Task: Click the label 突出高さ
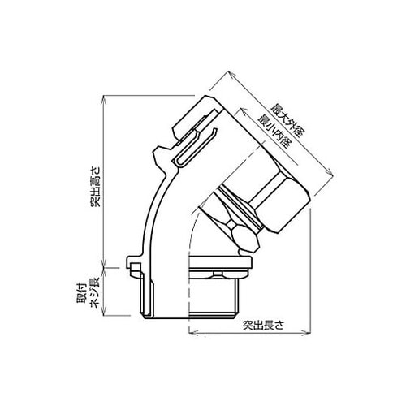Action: [x=96, y=187]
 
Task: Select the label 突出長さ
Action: [x=263, y=325]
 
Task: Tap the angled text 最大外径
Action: [x=288, y=120]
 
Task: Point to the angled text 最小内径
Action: [x=273, y=132]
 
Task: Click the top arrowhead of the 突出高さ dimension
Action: [x=104, y=98]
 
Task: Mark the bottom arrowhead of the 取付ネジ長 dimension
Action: [x=104, y=313]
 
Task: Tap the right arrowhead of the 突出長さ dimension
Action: [x=307, y=333]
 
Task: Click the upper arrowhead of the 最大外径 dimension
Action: [x=231, y=74]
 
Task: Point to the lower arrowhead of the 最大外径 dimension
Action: [x=329, y=172]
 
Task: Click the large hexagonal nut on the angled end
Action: [x=280, y=201]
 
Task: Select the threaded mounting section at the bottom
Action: [x=214, y=299]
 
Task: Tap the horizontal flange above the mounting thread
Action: [x=221, y=262]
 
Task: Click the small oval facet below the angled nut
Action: [x=244, y=239]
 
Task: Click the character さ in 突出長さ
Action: [x=279, y=326]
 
